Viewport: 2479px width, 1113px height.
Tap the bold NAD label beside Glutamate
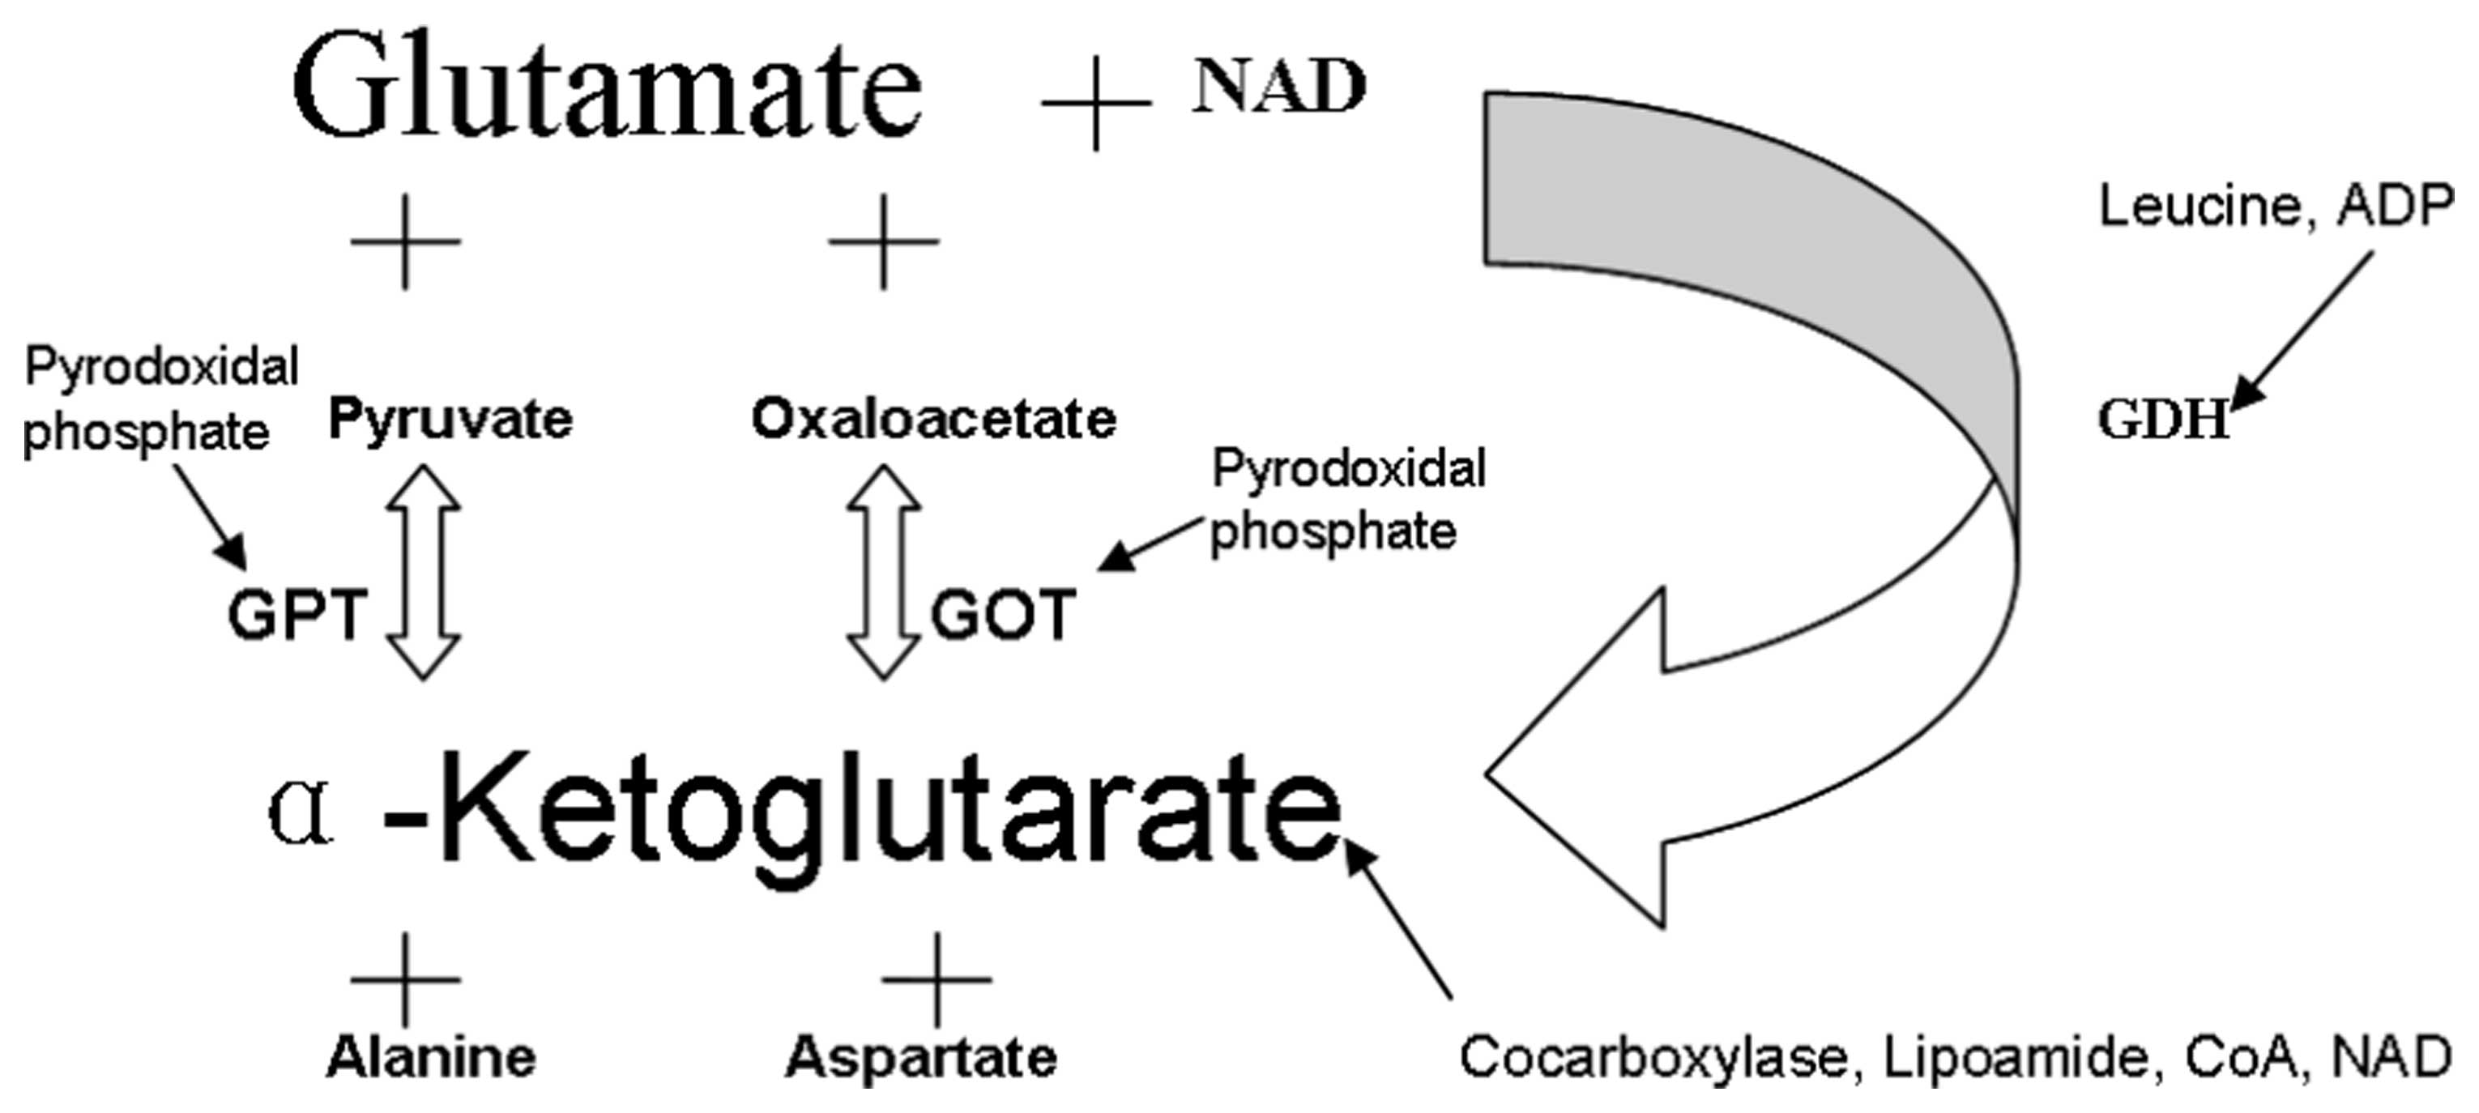point(1278,87)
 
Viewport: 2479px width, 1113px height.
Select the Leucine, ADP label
point(2275,207)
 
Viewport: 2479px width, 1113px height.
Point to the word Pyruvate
point(450,420)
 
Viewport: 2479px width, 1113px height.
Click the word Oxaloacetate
point(933,420)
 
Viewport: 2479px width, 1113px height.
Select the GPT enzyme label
point(297,615)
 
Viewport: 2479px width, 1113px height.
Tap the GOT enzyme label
point(1002,616)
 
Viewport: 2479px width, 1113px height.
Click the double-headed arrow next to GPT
point(424,573)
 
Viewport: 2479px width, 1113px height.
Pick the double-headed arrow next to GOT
point(883,573)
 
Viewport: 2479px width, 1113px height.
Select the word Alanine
point(431,1058)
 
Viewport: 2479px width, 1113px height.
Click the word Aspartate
point(921,1058)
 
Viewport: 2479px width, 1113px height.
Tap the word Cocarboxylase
point(1653,1058)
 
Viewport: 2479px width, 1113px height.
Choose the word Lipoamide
point(2015,1058)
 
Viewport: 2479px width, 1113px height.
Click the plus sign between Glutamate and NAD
point(1096,102)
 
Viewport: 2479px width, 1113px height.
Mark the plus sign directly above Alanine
point(405,979)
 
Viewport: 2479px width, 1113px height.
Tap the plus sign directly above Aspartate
point(937,979)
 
